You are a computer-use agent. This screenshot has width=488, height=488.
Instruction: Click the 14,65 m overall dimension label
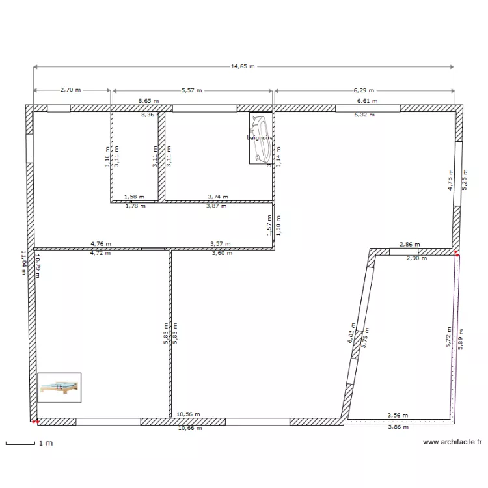(x=243, y=66)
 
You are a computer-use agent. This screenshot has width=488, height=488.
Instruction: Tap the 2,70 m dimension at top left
(x=71, y=91)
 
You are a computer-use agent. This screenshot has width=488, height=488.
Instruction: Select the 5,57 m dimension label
(x=191, y=91)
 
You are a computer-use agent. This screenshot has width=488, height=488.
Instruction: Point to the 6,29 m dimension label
(x=364, y=91)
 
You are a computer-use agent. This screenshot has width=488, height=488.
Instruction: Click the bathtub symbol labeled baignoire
(x=260, y=137)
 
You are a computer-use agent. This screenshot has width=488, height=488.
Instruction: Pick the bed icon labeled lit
(x=59, y=387)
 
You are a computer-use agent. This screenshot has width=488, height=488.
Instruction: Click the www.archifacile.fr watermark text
(x=452, y=442)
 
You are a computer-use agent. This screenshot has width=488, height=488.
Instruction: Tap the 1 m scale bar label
(x=45, y=443)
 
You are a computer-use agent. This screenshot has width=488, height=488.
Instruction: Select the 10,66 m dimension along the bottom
(x=189, y=428)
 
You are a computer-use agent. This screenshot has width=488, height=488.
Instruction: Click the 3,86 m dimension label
(x=398, y=427)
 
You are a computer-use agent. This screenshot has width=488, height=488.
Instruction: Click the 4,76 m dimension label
(x=100, y=245)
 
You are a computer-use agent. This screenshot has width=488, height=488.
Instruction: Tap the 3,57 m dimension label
(x=221, y=245)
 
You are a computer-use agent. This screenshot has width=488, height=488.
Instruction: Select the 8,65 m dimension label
(x=149, y=101)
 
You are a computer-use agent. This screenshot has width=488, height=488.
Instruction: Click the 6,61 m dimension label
(x=366, y=101)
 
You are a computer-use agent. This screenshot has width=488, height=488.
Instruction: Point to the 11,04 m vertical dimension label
(x=23, y=263)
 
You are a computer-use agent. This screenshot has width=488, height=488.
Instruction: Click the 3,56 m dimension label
(x=398, y=415)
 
